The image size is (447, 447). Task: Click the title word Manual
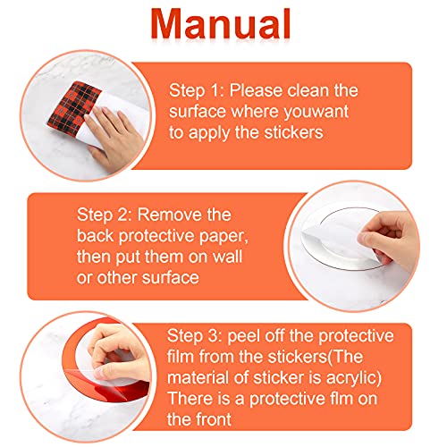(221, 24)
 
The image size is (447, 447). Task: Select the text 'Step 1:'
(197, 90)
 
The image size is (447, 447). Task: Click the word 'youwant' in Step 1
(316, 112)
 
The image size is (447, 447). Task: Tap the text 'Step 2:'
(104, 215)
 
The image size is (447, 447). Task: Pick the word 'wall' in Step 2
(227, 257)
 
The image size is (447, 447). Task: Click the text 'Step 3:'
(194, 336)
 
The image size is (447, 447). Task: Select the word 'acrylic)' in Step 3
(354, 378)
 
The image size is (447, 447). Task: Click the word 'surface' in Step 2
(170, 278)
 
